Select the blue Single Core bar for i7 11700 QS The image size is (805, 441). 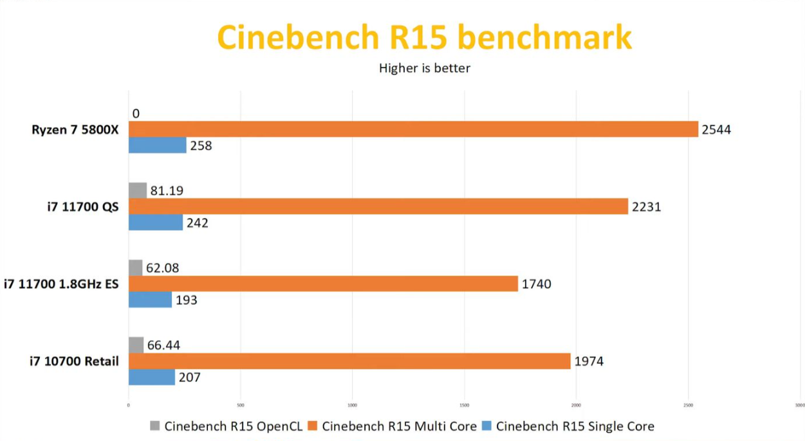[x=156, y=222]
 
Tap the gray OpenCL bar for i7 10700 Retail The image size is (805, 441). [x=136, y=345]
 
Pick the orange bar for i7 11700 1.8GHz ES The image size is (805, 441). [x=323, y=283]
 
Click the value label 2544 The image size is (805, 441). [x=716, y=130]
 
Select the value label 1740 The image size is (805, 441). [x=536, y=283]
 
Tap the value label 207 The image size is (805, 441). [x=190, y=377]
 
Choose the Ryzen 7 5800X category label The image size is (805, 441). [x=75, y=130]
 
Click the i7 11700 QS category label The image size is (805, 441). [x=83, y=207]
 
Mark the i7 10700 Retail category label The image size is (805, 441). [x=74, y=361]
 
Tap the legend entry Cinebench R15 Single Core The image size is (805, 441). [x=575, y=426]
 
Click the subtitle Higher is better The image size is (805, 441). [x=424, y=67]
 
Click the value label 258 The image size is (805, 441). [x=201, y=146]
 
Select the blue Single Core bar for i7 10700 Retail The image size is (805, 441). [x=152, y=377]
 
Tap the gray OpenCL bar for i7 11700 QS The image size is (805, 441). [x=138, y=190]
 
